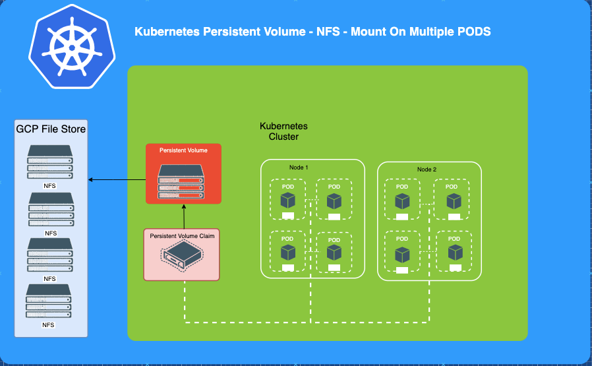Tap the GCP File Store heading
[51, 129]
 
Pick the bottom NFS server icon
[49, 302]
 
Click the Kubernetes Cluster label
[283, 131]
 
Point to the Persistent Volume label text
[183, 150]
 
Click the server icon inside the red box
[183, 181]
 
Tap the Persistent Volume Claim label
[182, 235]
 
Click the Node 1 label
[299, 168]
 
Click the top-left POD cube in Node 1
[287, 200]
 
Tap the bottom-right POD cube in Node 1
[334, 252]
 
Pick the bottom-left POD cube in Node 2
[402, 254]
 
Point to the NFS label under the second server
[51, 233]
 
